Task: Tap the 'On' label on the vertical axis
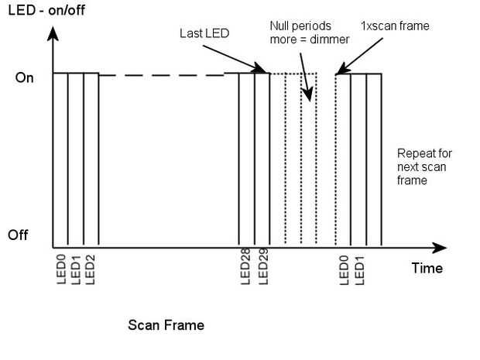click(25, 78)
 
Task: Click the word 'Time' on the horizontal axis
click(427, 268)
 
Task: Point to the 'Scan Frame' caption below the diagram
click(166, 325)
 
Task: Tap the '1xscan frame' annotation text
click(395, 26)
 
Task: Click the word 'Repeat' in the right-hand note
click(413, 152)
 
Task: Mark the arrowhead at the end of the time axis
click(441, 248)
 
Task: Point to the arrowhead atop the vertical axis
click(52, 36)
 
